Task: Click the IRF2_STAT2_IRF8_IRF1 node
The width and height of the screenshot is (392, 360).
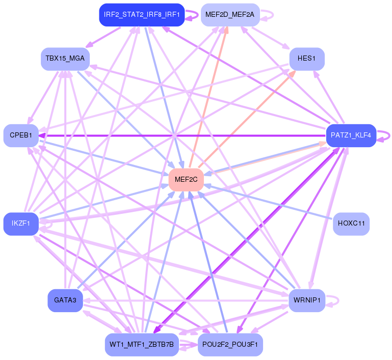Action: coord(141,15)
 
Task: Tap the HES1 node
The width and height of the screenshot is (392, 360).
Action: coord(307,59)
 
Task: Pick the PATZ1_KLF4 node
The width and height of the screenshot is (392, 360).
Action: coord(351,136)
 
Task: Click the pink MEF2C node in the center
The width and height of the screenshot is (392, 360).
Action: coord(186,179)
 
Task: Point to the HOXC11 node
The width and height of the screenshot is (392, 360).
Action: coord(351,224)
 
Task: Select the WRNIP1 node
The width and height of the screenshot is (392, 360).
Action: coord(307,300)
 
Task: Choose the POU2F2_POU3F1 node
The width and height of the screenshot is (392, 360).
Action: coord(230,345)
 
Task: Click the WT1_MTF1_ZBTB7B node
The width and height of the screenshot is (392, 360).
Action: coord(141,345)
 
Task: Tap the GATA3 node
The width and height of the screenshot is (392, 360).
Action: coord(65,300)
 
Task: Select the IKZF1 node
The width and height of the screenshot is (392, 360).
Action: coord(21,224)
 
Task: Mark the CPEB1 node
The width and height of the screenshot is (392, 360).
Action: coord(21,135)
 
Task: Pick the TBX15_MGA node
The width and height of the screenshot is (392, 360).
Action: coord(65,59)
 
